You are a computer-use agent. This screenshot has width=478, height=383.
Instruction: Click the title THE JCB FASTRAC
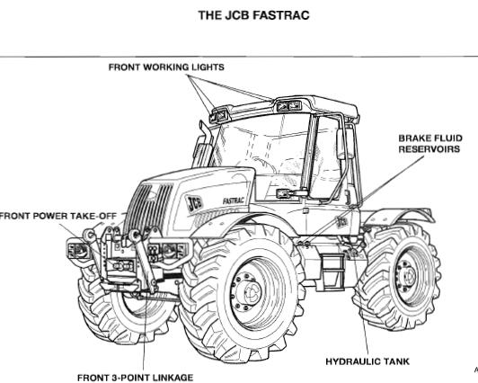click(x=253, y=15)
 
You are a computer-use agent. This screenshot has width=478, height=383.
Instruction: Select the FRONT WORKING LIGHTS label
click(x=166, y=67)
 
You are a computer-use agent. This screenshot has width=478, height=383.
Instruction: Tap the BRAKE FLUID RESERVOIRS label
click(x=430, y=144)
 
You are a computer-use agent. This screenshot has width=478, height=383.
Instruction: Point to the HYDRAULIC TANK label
click(x=367, y=361)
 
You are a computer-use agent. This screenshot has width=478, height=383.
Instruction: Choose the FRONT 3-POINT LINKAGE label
click(x=135, y=378)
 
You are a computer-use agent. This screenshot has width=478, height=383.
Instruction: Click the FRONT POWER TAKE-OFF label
click(x=58, y=216)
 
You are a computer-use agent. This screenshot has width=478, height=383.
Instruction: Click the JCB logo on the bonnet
click(x=194, y=203)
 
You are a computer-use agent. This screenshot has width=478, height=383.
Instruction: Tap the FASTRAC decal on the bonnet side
click(x=234, y=200)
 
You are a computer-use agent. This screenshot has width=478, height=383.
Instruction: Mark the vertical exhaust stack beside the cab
click(x=203, y=145)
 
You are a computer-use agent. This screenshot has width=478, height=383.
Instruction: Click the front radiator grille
click(x=150, y=205)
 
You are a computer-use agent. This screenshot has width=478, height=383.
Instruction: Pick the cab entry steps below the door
click(x=332, y=272)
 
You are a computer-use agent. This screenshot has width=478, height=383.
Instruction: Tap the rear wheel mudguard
click(x=400, y=215)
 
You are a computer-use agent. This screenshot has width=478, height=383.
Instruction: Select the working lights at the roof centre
click(x=288, y=106)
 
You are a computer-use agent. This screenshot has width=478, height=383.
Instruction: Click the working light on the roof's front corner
click(x=218, y=116)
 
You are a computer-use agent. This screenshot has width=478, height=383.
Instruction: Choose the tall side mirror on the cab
click(x=341, y=144)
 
